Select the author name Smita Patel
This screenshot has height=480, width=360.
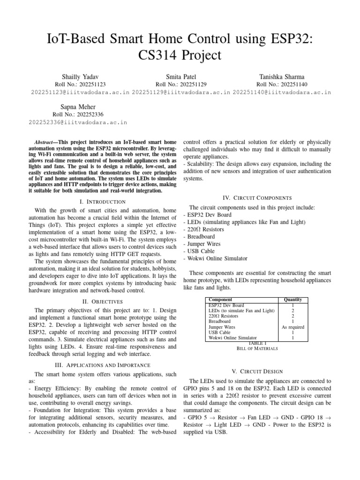click(x=181, y=76)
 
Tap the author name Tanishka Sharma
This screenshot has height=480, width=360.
click(x=282, y=76)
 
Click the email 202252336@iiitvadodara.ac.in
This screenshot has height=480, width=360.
click(x=78, y=122)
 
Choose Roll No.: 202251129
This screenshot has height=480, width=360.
click(x=181, y=84)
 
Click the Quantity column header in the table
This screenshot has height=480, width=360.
click(x=292, y=300)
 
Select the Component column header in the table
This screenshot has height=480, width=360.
click(x=220, y=299)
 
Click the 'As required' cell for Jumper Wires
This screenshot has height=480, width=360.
click(x=292, y=327)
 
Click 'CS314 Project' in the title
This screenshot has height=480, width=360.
click(x=180, y=55)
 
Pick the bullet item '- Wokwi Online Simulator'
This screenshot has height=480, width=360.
click(x=216, y=258)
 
